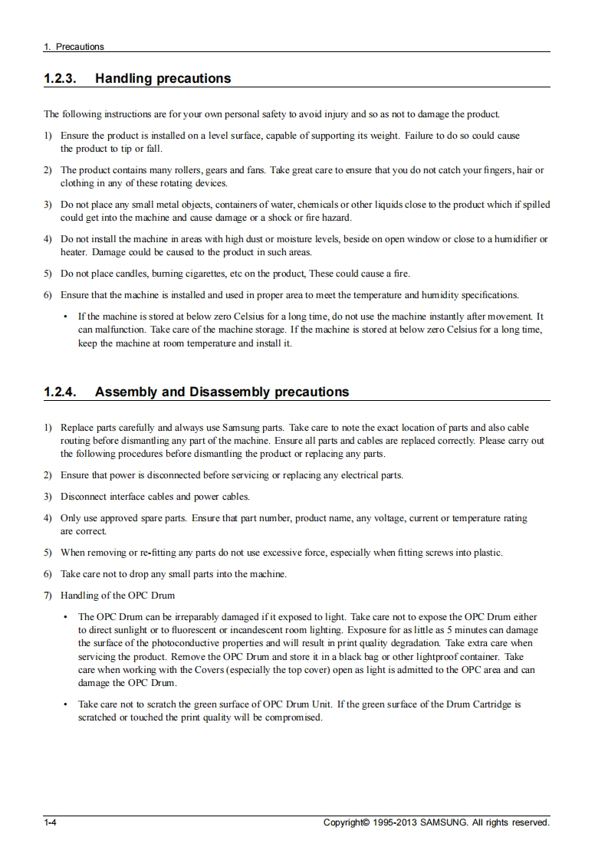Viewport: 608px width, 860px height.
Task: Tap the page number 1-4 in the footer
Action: pyautogui.click(x=51, y=822)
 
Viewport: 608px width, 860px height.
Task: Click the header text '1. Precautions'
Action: pyautogui.click(x=74, y=47)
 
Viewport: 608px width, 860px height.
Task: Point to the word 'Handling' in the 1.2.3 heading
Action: pyautogui.click(x=124, y=78)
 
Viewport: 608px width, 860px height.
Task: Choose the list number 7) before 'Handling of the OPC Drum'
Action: pyautogui.click(x=48, y=595)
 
